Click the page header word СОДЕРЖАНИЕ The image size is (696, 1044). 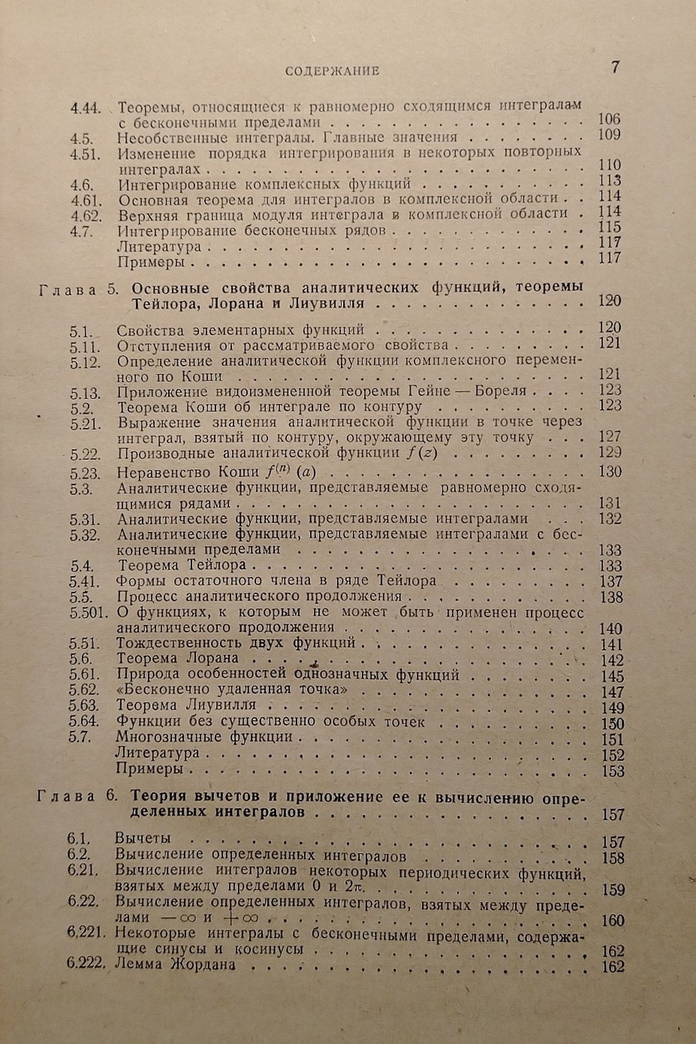point(333,72)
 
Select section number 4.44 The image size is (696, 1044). point(86,109)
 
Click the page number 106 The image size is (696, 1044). point(609,120)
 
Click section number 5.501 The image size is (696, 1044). point(88,612)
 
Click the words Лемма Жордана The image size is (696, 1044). point(175,965)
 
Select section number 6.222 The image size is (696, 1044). point(86,964)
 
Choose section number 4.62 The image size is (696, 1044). point(86,215)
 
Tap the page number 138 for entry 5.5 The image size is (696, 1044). point(611,597)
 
